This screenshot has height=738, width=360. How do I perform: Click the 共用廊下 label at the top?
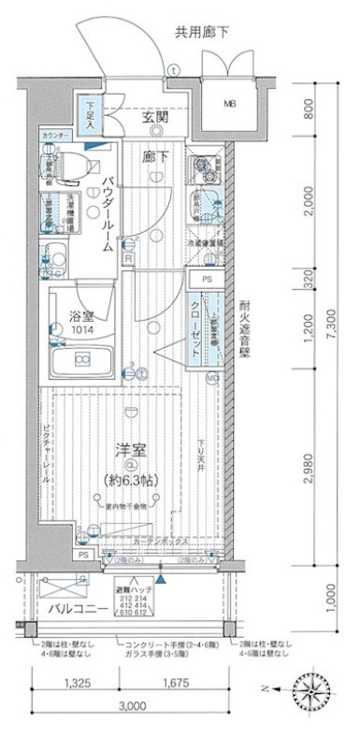coord(202,33)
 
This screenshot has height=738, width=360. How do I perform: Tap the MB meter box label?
coord(228,103)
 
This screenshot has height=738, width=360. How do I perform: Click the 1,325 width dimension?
coord(79,684)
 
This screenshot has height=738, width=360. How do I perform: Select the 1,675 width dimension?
coord(171,684)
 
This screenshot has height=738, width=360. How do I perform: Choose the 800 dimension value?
coord(310,119)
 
